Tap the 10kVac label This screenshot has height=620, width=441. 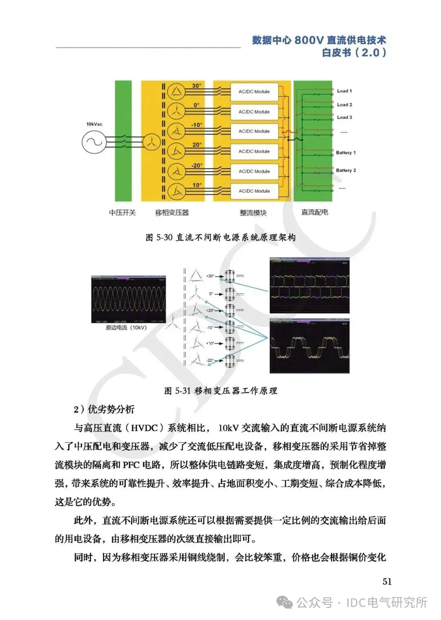[94, 124]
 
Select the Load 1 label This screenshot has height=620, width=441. [344, 91]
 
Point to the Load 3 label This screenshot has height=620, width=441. [344, 117]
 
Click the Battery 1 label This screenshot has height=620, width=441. [346, 153]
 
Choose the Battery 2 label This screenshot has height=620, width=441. [346, 170]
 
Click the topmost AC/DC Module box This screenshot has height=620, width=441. [254, 92]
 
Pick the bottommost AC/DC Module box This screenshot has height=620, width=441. [254, 191]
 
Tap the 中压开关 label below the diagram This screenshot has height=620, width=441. [122, 213]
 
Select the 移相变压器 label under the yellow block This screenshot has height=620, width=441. [172, 213]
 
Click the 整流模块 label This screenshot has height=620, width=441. [253, 213]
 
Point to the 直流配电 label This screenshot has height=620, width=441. [314, 212]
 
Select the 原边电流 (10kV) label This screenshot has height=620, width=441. [126, 328]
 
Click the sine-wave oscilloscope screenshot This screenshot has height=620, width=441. [129, 300]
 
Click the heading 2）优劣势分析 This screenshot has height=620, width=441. [104, 410]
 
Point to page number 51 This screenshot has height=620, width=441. [387, 582]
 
